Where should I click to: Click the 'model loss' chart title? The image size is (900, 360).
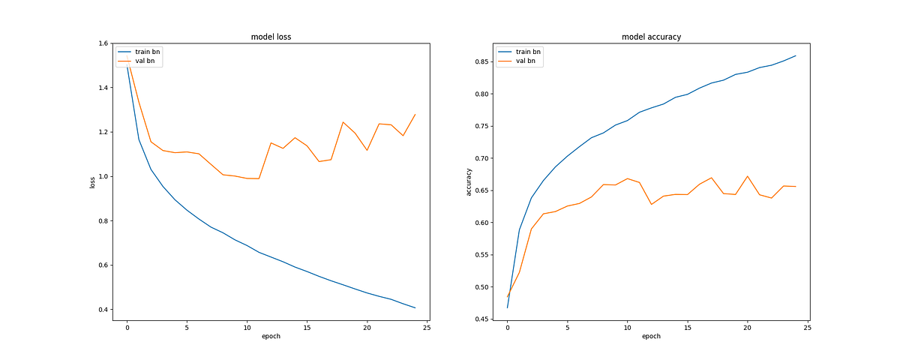pyautogui.click(x=271, y=37)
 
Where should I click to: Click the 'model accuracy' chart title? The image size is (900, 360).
pyautogui.click(x=651, y=37)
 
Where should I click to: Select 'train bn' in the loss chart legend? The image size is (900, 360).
pyautogui.click(x=147, y=52)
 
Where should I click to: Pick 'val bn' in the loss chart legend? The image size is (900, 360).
pyautogui.click(x=145, y=61)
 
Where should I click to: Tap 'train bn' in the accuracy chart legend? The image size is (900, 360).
pyautogui.click(x=528, y=52)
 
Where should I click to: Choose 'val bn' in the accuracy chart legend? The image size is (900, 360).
pyautogui.click(x=526, y=61)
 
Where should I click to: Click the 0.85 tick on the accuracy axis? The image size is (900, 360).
pyautogui.click(x=481, y=62)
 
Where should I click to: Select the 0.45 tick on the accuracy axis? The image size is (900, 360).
pyautogui.click(x=481, y=319)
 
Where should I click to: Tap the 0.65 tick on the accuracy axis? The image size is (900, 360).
pyautogui.click(x=481, y=190)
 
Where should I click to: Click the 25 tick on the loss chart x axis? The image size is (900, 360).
pyautogui.click(x=427, y=327)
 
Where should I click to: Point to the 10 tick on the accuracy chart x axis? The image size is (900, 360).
pyautogui.click(x=627, y=327)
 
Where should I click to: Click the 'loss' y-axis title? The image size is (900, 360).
pyautogui.click(x=93, y=181)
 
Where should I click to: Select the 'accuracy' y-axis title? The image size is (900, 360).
pyautogui.click(x=469, y=181)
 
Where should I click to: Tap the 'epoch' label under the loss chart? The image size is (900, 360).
pyautogui.click(x=271, y=337)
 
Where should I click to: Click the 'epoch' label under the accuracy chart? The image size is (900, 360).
pyautogui.click(x=651, y=337)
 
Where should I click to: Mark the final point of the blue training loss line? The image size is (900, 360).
pyautogui.click(x=415, y=307)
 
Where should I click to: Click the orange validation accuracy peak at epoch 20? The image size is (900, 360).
pyautogui.click(x=747, y=176)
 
